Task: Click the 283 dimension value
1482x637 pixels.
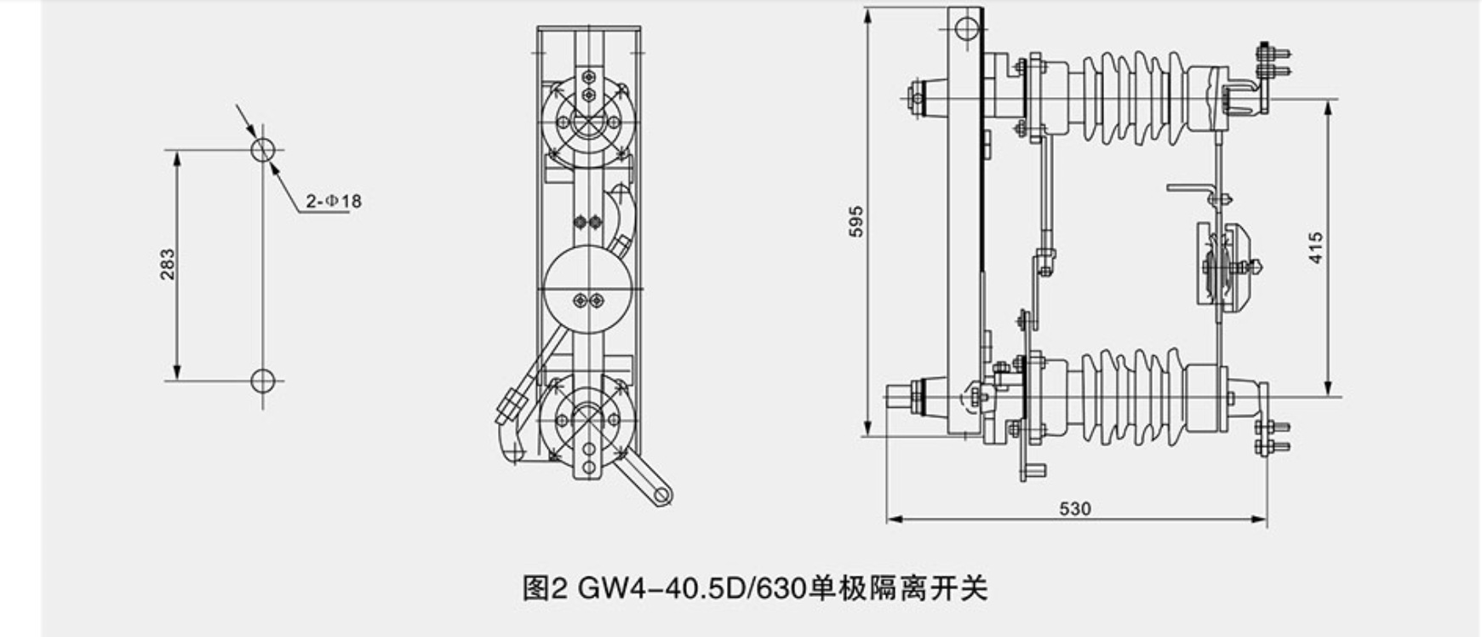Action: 168,264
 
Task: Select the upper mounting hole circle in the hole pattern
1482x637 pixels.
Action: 263,150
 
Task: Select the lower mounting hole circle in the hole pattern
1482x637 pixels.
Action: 263,381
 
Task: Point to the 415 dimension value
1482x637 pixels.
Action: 1316,248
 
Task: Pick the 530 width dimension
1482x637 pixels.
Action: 1075,508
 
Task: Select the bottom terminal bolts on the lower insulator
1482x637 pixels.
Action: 1273,436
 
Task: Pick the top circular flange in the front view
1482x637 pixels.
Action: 588,123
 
